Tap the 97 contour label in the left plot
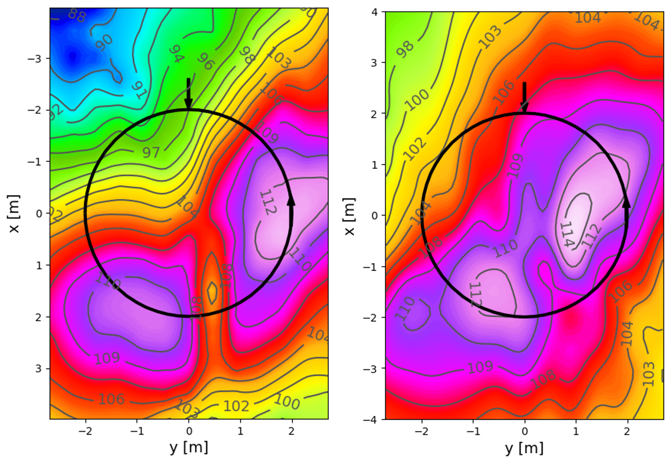[x=151, y=152]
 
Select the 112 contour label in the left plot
[x=267, y=202]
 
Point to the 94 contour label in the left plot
[x=175, y=53]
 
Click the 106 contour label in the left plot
[x=111, y=399]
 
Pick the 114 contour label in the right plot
[x=567, y=234]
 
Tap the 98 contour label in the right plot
[x=405, y=49]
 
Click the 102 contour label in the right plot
[x=414, y=148]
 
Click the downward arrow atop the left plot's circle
[x=189, y=95]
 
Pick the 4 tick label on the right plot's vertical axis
[x=374, y=12]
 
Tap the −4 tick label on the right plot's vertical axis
[x=371, y=419]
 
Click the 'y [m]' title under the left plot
[x=189, y=448]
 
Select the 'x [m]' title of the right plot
[x=349, y=216]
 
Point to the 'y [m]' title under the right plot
[x=524, y=448]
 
